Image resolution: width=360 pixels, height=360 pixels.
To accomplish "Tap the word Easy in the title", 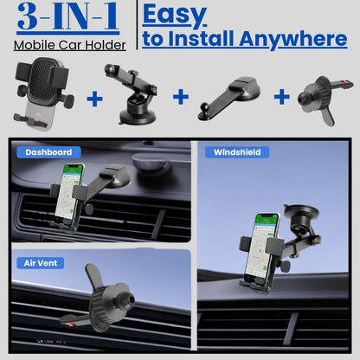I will pos(174,14).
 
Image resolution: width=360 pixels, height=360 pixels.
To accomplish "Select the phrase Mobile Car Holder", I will pos(69,45).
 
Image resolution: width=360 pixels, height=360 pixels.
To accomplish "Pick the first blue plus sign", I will pos(94,98).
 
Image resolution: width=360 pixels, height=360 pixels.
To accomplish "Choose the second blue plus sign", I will pos(180,96).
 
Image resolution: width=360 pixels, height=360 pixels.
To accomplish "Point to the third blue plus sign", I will pos(281,96).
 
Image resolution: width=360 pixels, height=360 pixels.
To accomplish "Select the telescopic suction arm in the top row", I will pos(130,92).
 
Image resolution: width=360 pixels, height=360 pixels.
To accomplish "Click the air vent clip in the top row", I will pos(325,95).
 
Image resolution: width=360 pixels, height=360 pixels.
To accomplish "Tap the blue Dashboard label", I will pos(48,152).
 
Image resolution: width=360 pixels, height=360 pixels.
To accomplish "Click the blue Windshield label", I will pos(235,152).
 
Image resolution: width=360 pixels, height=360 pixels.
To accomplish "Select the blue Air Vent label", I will pos(40,262).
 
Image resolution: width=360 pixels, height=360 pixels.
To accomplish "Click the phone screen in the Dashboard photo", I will pos(74,193).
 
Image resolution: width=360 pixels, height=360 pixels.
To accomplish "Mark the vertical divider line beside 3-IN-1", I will pos(135,26).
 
